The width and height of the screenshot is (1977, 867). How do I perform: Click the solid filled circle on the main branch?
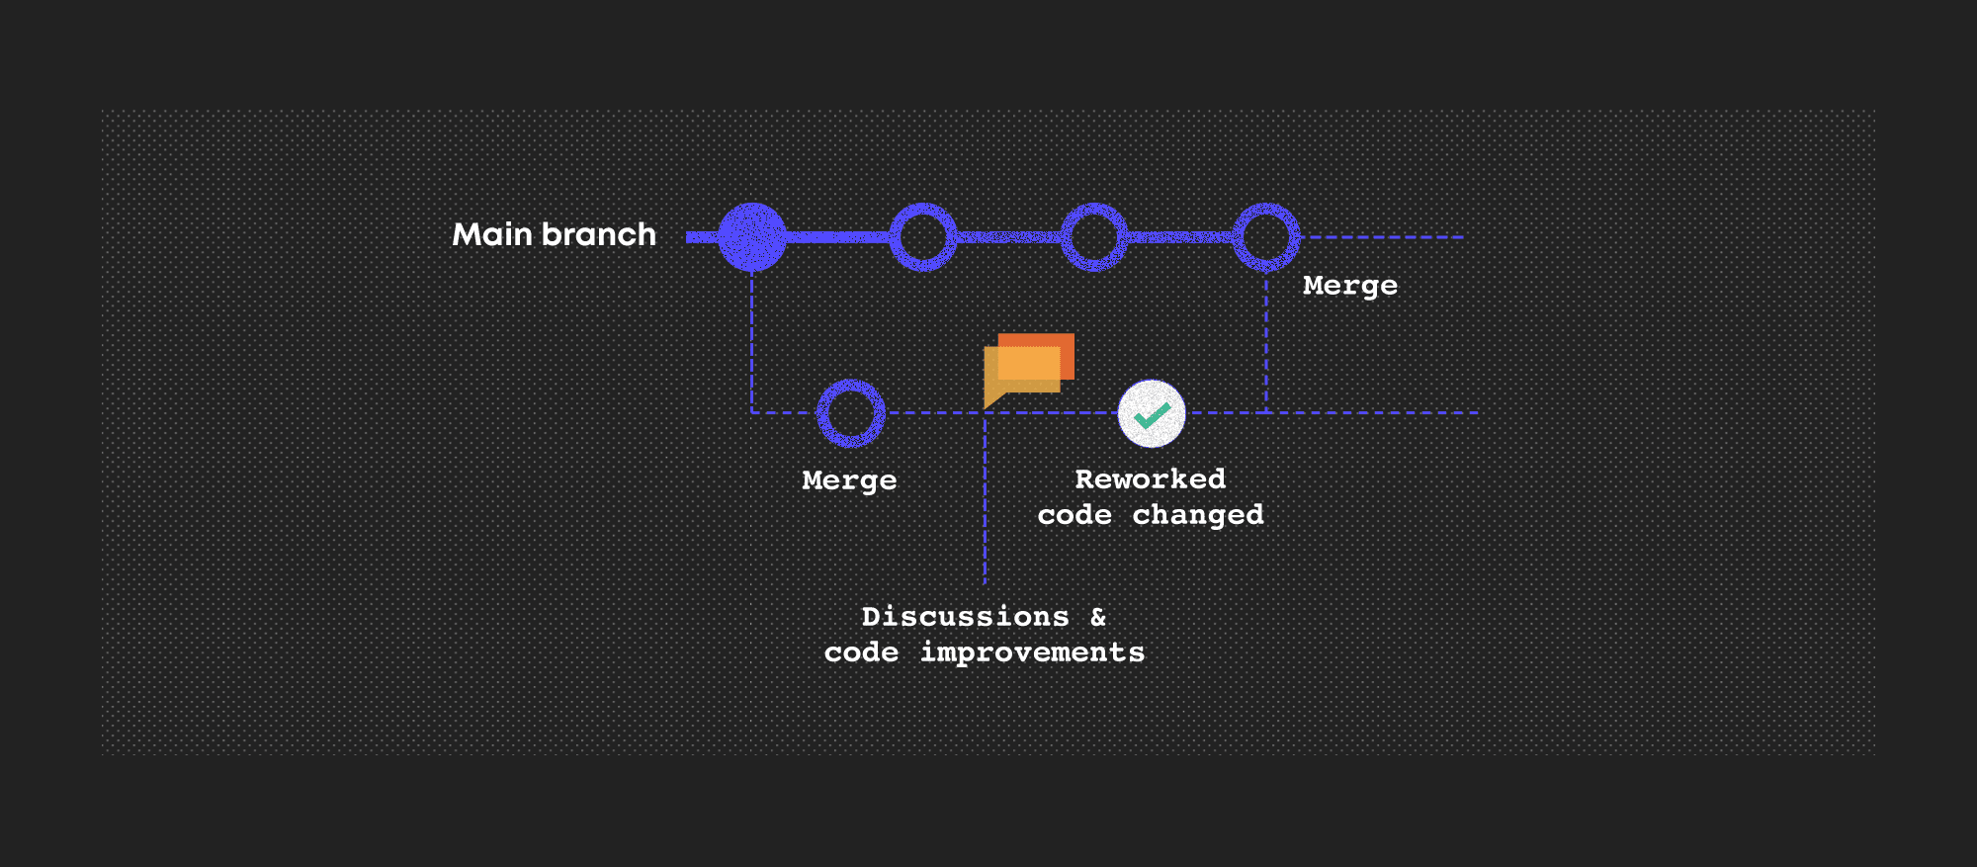coord(752,237)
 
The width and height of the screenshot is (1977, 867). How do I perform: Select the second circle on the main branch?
coord(923,237)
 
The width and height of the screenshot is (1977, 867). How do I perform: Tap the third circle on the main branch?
coord(1094,237)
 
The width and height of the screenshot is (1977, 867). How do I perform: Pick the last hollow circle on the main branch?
coord(1266,237)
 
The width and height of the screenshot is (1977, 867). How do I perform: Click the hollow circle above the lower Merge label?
coord(850,413)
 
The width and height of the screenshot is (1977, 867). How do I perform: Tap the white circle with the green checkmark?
coord(1152,413)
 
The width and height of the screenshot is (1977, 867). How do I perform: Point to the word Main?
coord(492,234)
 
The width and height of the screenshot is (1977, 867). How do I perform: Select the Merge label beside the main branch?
coord(1350,286)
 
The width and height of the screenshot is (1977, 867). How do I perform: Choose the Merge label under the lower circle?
coord(849,480)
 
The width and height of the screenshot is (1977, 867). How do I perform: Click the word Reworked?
coord(1151,479)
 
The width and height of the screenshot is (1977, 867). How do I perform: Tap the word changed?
coord(1198,515)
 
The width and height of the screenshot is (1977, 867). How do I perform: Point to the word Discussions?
coord(966,617)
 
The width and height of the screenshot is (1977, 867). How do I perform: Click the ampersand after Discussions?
coord(1098,617)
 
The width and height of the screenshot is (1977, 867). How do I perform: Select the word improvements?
coord(1032,652)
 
